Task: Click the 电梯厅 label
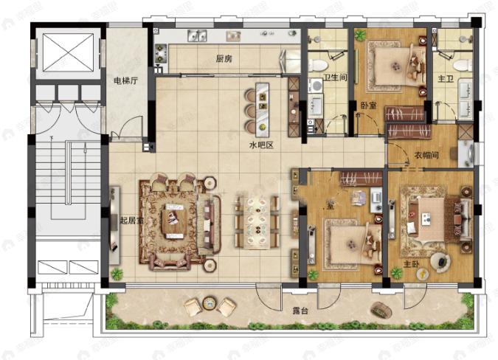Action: (124, 80)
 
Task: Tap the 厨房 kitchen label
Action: (225, 59)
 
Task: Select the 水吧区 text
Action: (260, 146)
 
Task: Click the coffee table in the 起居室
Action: (176, 218)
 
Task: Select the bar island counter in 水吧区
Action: (262, 104)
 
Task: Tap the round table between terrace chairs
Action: (209, 303)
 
